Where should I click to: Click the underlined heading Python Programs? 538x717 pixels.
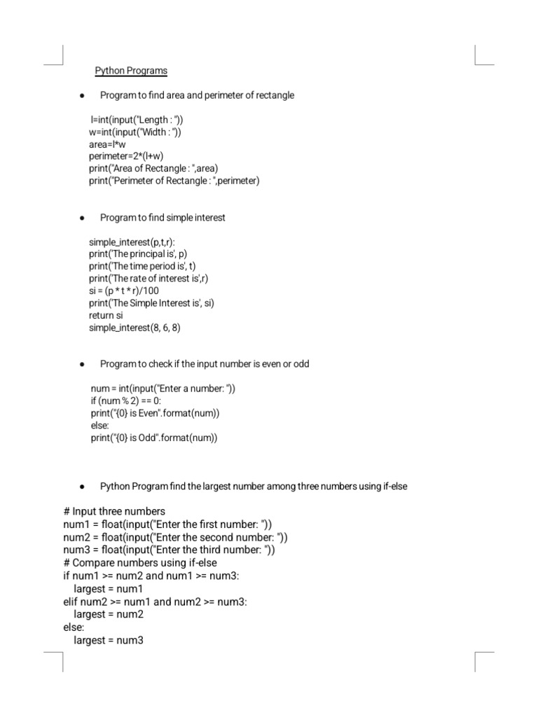(131, 71)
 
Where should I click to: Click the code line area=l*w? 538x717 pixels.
(107, 144)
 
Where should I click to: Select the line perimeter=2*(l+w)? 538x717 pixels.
(126, 156)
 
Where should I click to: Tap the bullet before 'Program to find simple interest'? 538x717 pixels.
(83, 218)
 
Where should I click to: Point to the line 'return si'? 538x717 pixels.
(106, 315)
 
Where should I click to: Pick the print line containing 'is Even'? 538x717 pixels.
(155, 413)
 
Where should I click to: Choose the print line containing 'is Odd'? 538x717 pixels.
(154, 438)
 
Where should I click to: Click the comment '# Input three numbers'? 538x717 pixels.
(114, 511)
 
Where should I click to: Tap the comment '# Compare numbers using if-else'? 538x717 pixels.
(140, 563)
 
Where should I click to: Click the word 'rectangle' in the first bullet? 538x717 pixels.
(275, 95)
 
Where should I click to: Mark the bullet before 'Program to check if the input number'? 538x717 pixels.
(83, 364)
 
